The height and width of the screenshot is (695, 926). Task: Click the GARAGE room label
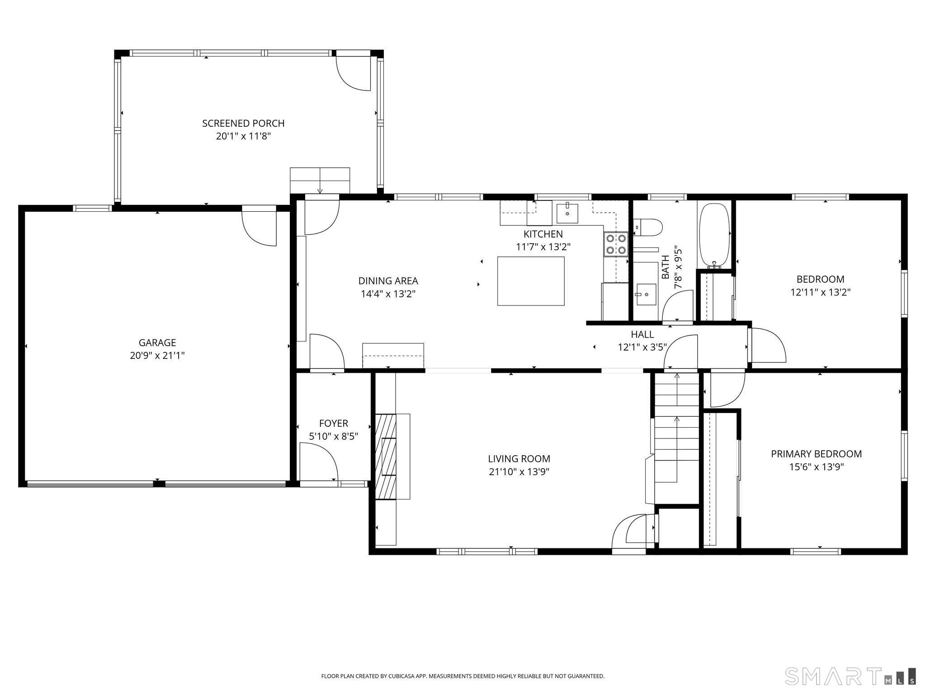coord(157,343)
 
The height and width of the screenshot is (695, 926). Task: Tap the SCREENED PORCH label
coord(243,124)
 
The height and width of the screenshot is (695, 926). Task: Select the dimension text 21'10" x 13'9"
coord(519,472)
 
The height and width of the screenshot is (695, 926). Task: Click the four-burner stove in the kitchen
coord(616,244)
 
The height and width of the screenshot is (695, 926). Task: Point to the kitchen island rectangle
coord(531,281)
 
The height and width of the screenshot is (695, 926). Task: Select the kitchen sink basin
coord(567,213)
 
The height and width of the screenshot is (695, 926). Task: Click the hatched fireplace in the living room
coord(385,456)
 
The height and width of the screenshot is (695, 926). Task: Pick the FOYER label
coord(334,424)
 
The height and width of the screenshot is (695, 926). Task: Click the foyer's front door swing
coord(318,462)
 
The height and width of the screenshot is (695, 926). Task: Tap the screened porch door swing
coord(354,73)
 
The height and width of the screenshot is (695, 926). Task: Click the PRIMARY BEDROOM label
coord(816,454)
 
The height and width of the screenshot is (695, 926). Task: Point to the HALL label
coord(642,334)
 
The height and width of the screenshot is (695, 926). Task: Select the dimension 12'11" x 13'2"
coord(820,292)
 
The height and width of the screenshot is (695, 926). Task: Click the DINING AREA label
coord(388,281)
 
